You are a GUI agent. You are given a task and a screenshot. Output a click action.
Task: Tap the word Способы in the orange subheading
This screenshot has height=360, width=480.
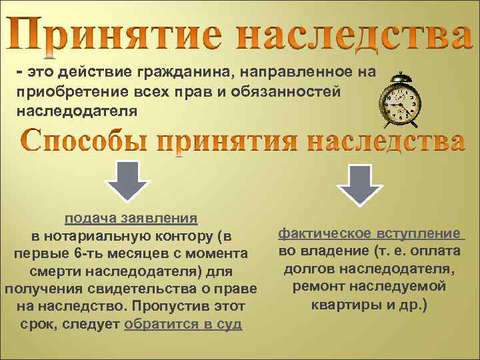pos(89,141)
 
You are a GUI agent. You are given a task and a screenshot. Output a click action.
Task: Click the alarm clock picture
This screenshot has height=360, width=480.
pos(400,101)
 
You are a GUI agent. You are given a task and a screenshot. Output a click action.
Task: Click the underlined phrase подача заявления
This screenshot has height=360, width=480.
pos(131,218)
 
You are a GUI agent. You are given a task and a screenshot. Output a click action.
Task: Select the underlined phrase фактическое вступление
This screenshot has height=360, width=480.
pos(370,233)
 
